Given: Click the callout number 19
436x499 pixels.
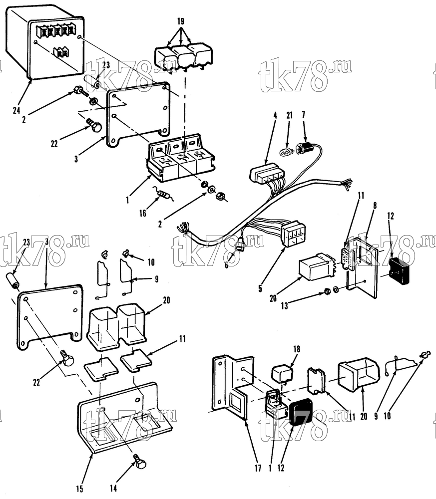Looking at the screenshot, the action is (180, 21).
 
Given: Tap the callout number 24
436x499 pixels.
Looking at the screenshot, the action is (16, 110).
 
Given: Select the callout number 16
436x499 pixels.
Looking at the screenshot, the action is (142, 213).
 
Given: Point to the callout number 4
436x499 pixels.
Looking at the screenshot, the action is (275, 115).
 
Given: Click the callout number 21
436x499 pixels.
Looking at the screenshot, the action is (290, 115).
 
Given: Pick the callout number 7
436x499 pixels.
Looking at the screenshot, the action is (303, 115).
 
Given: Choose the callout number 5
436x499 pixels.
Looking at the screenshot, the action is (260, 288).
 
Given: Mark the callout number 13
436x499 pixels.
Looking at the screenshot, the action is (284, 306).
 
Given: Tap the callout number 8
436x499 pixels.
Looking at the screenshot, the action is (375, 206).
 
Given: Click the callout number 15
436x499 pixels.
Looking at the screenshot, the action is (79, 489).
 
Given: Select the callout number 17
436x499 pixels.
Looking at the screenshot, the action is (258, 468).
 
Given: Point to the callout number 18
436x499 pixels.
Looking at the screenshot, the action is (297, 349).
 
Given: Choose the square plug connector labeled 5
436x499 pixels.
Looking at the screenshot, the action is (294, 234).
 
